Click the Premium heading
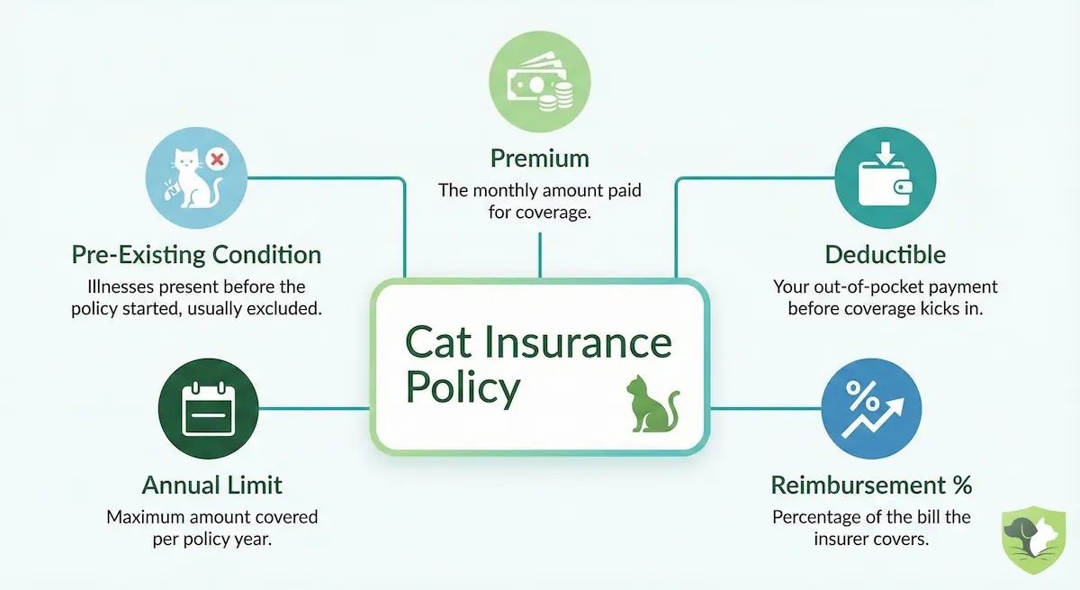pos(539,159)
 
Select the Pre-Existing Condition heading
pos(196,255)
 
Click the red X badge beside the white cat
pos(216,160)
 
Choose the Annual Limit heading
pos(211,486)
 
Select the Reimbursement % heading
pos(871,486)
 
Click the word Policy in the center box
pos(463,388)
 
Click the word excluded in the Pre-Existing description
pos(293,309)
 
